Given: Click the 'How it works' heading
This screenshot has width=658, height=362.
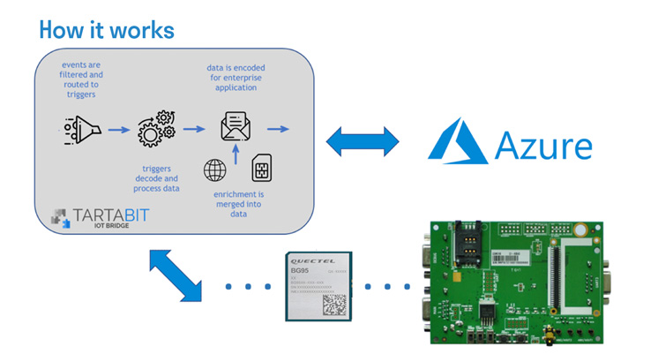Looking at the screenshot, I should (x=107, y=29).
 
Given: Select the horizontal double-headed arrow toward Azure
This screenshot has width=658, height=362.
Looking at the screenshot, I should (x=362, y=140).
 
